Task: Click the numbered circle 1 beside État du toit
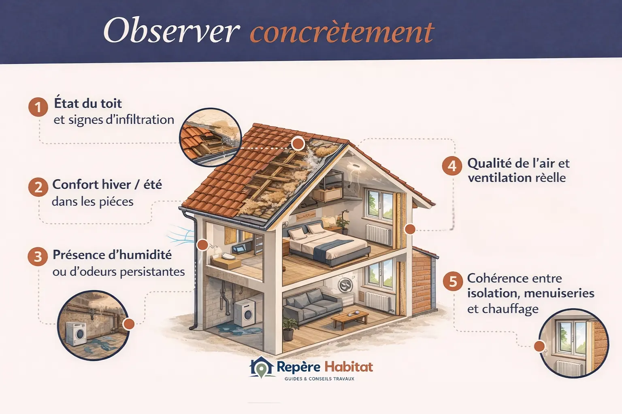pos(38,107)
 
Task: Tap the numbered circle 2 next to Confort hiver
pos(38,187)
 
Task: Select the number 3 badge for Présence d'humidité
pos(38,257)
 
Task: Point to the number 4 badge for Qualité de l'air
pos(452,166)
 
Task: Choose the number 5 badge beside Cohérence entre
pos(453,281)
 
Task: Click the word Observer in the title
pos(171,31)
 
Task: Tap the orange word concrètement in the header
pos(342,32)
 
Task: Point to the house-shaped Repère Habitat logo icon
pos(262,367)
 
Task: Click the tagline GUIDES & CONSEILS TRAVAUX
pos(319,379)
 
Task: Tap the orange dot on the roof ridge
pos(298,143)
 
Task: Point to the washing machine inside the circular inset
pos(77,334)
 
